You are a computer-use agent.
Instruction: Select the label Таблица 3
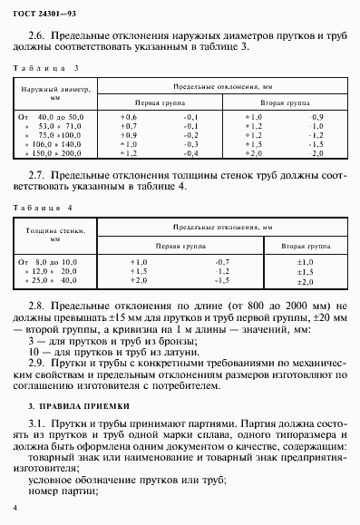click(42, 70)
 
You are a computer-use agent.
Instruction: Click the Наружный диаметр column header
click(54, 94)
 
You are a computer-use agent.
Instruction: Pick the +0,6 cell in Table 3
click(129, 117)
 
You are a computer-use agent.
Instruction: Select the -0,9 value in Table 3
click(316, 117)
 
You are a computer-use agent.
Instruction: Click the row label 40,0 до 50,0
click(60, 117)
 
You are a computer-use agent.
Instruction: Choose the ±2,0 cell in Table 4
click(305, 281)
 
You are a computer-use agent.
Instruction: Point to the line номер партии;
click(63, 491)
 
